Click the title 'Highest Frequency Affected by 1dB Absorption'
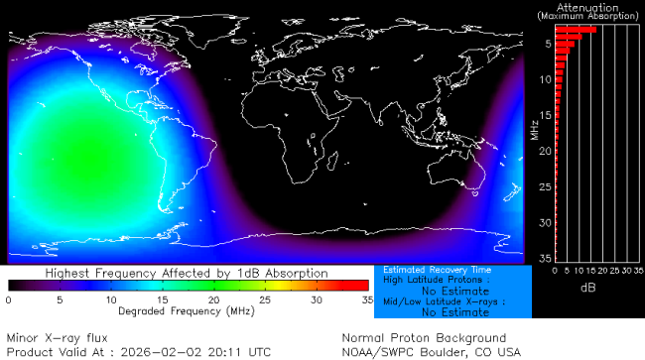(187, 273)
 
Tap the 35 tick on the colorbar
(366, 299)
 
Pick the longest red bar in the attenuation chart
(576, 30)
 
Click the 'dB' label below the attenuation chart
(588, 287)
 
